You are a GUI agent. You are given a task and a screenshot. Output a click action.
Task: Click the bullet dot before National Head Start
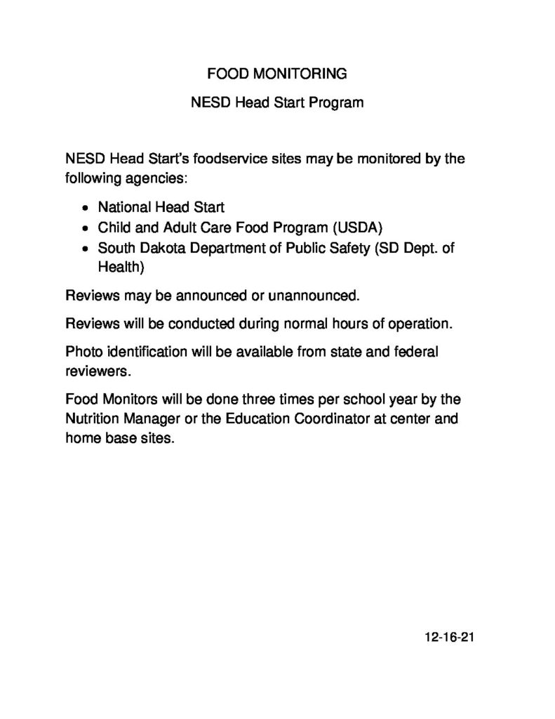click(x=85, y=209)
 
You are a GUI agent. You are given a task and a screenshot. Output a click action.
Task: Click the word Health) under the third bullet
click(x=121, y=268)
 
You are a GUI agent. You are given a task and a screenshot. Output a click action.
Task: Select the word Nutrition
click(x=92, y=420)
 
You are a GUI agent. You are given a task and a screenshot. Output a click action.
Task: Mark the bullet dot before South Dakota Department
click(x=85, y=249)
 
